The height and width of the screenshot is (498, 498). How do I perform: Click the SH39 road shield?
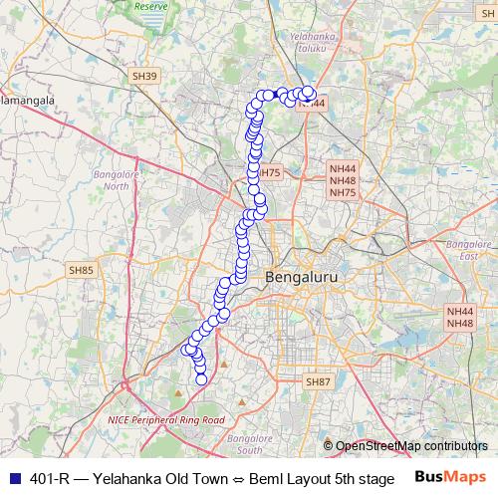click(144, 76)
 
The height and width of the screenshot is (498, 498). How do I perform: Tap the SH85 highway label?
click(81, 269)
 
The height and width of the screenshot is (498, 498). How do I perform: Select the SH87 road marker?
click(318, 381)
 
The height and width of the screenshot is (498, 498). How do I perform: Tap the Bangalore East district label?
click(463, 249)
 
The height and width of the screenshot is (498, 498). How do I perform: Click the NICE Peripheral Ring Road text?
click(166, 420)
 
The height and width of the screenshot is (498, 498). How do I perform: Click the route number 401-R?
click(50, 478)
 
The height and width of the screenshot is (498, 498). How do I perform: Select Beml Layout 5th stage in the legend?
click(320, 478)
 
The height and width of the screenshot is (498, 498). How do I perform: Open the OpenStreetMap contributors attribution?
click(411, 446)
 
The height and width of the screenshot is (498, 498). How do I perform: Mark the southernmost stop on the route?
click(201, 378)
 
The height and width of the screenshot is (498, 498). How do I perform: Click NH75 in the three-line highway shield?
click(342, 192)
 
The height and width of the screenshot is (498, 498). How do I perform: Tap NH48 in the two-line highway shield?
click(460, 324)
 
